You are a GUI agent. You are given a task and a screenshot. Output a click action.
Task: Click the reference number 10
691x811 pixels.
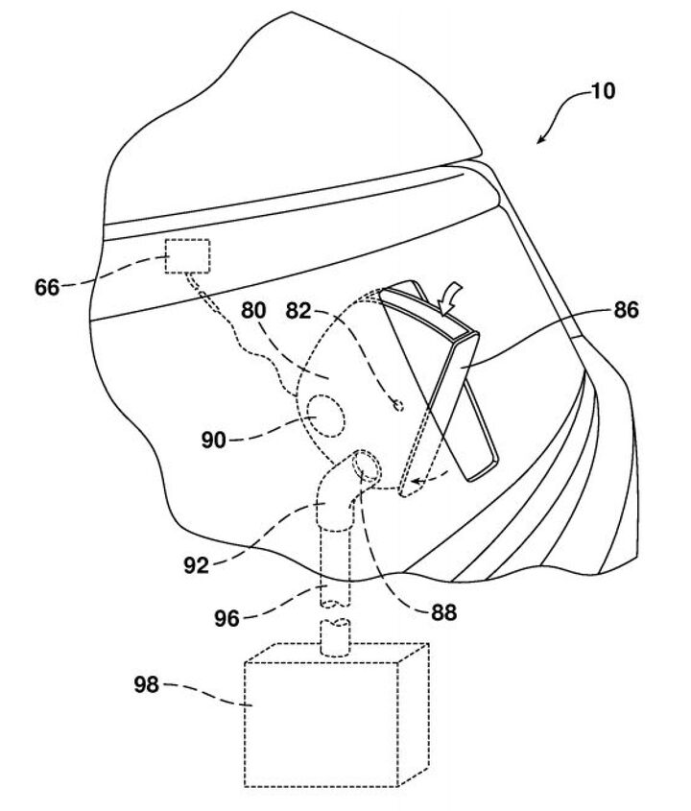(604, 92)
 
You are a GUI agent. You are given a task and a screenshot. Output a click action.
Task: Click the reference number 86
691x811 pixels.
(624, 310)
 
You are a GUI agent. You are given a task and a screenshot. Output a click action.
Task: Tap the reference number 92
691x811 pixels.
(196, 565)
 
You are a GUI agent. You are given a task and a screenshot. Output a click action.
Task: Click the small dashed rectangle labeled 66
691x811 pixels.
(188, 255)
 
